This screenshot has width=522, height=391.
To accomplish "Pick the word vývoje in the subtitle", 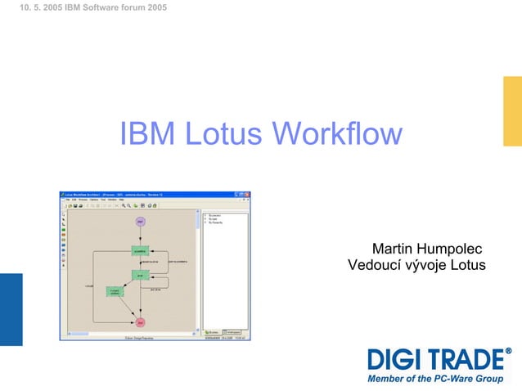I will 427,265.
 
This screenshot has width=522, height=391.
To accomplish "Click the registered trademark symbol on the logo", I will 508,352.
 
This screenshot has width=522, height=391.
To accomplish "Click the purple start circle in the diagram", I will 140,222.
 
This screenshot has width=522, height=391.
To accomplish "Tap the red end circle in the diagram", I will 140,322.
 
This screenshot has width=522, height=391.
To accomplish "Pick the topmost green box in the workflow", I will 140,250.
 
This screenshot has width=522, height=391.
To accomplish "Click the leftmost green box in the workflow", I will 115,292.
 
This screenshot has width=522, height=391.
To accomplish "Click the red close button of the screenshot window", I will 247,195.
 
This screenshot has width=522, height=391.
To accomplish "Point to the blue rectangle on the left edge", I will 11,309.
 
